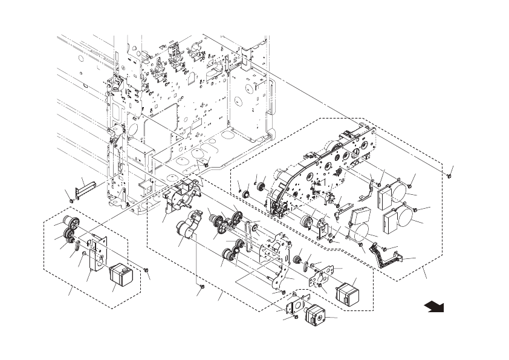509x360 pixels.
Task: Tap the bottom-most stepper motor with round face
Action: point(315,316)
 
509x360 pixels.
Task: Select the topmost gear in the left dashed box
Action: point(68,221)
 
